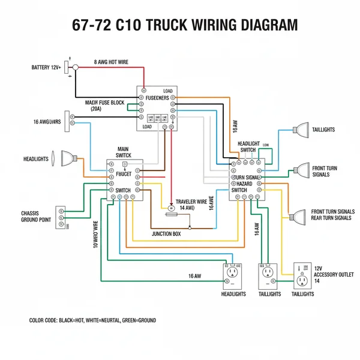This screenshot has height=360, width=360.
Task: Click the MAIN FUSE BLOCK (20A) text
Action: [104, 106]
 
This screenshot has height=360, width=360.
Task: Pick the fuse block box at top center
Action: [157, 108]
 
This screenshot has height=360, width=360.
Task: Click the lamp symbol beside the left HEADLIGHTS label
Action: [65, 159]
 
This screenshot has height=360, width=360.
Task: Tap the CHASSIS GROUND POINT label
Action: [37, 217]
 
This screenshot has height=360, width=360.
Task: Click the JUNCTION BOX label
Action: [166, 233]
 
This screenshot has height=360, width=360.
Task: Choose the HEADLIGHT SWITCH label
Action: [248, 147]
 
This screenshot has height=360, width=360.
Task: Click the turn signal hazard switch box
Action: [247, 179]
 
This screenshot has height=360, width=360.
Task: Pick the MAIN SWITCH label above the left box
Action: [123, 152]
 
